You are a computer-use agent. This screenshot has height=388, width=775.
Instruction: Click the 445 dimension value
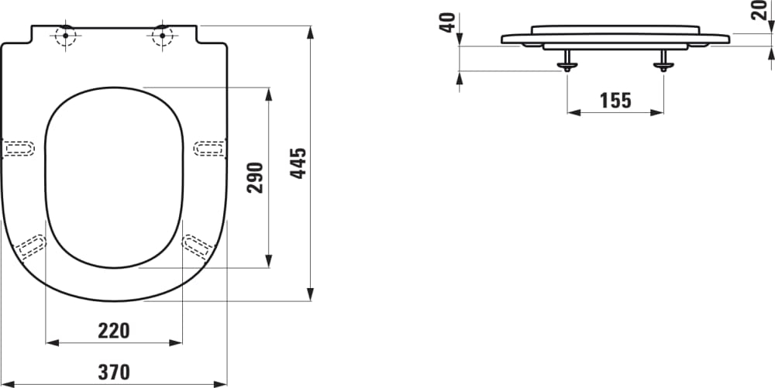pos(299,163)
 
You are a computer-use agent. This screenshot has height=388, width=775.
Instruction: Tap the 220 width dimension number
pos(114,331)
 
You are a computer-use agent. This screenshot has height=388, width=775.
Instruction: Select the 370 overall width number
pos(114,372)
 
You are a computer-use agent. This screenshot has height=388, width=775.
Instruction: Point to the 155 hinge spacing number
pos(615,100)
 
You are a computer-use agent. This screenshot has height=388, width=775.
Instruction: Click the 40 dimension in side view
pos(446,22)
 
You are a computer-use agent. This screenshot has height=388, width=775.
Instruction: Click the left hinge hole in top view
pos(65,36)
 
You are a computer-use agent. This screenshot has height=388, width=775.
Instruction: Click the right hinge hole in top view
pos(161,36)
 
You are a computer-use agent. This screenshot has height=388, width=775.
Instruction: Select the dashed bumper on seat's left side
pos(19,148)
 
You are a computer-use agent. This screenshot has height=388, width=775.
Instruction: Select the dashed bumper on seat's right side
pos(209,148)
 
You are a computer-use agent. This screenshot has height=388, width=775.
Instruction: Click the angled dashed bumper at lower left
pos(32,246)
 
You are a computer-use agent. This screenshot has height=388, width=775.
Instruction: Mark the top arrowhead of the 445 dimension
pos(310,31)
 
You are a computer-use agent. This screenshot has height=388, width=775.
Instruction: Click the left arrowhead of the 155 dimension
pos(572,112)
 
